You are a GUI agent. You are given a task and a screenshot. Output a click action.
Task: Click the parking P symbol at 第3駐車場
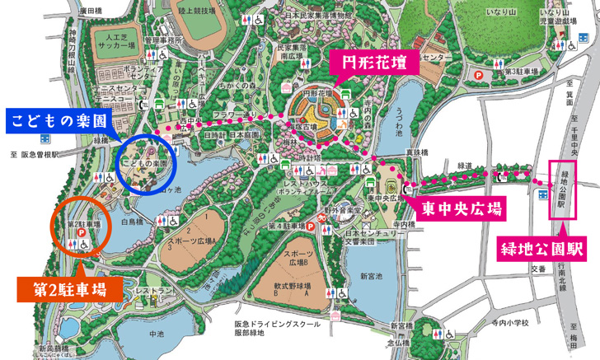(x=479, y=73)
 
